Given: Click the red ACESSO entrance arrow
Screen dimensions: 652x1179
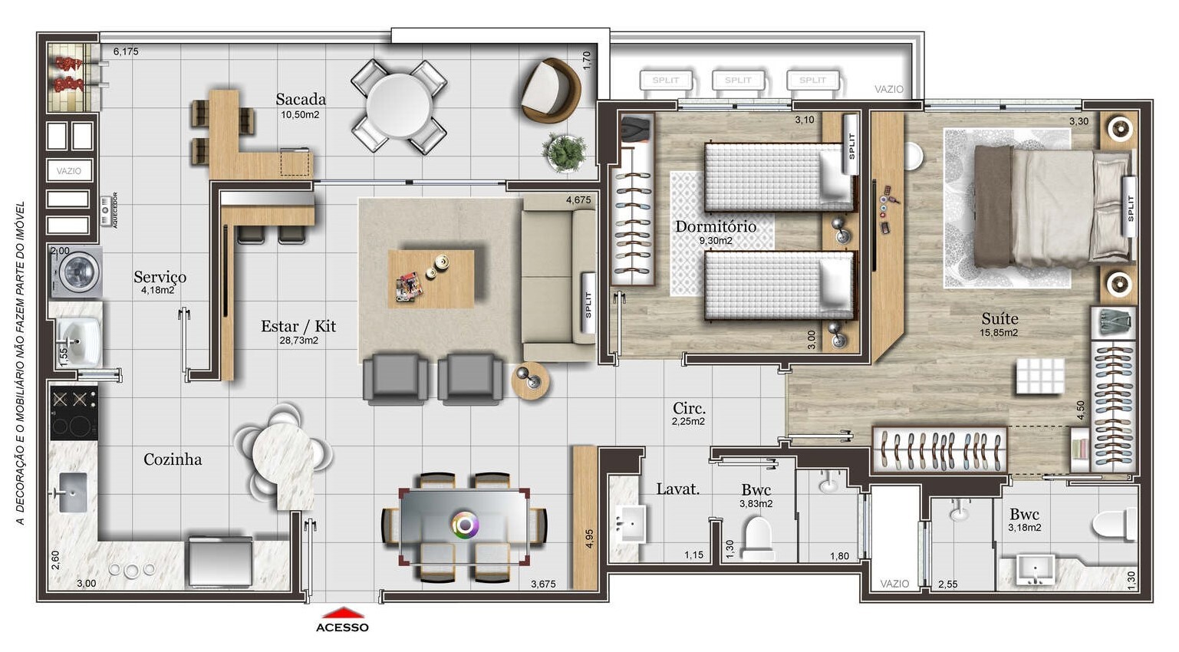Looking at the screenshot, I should [342, 613].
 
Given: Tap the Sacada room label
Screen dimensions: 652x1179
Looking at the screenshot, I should [301, 99].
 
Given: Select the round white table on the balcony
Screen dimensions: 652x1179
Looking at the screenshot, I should [399, 105].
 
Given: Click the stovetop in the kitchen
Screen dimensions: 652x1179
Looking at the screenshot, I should [74, 412].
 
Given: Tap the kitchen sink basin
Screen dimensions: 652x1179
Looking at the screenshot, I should [73, 492].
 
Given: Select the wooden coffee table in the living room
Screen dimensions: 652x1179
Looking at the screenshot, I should [430, 278].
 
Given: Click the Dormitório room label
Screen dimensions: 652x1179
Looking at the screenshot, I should [715, 226].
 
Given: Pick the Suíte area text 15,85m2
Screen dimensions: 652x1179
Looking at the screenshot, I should [999, 333].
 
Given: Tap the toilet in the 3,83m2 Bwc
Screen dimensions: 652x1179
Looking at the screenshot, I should [757, 536].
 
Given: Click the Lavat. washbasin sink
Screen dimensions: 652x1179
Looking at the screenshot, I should [631, 525].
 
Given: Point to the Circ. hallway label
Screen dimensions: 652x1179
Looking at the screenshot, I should [689, 408].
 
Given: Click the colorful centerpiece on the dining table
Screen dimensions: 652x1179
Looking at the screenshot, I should [465, 525].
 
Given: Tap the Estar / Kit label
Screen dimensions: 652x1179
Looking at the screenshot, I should [298, 326].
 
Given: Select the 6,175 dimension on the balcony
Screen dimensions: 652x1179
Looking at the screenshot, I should [126, 52].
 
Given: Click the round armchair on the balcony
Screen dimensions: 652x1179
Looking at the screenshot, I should [549, 89].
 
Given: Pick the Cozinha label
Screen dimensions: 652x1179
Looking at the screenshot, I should [173, 459].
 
